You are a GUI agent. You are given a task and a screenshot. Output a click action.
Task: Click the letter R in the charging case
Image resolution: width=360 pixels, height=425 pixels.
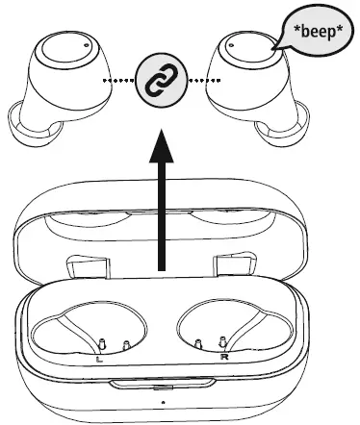click(x=222, y=358)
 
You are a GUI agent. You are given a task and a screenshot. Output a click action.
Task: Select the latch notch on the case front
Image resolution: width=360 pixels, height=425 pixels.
click(x=161, y=386)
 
